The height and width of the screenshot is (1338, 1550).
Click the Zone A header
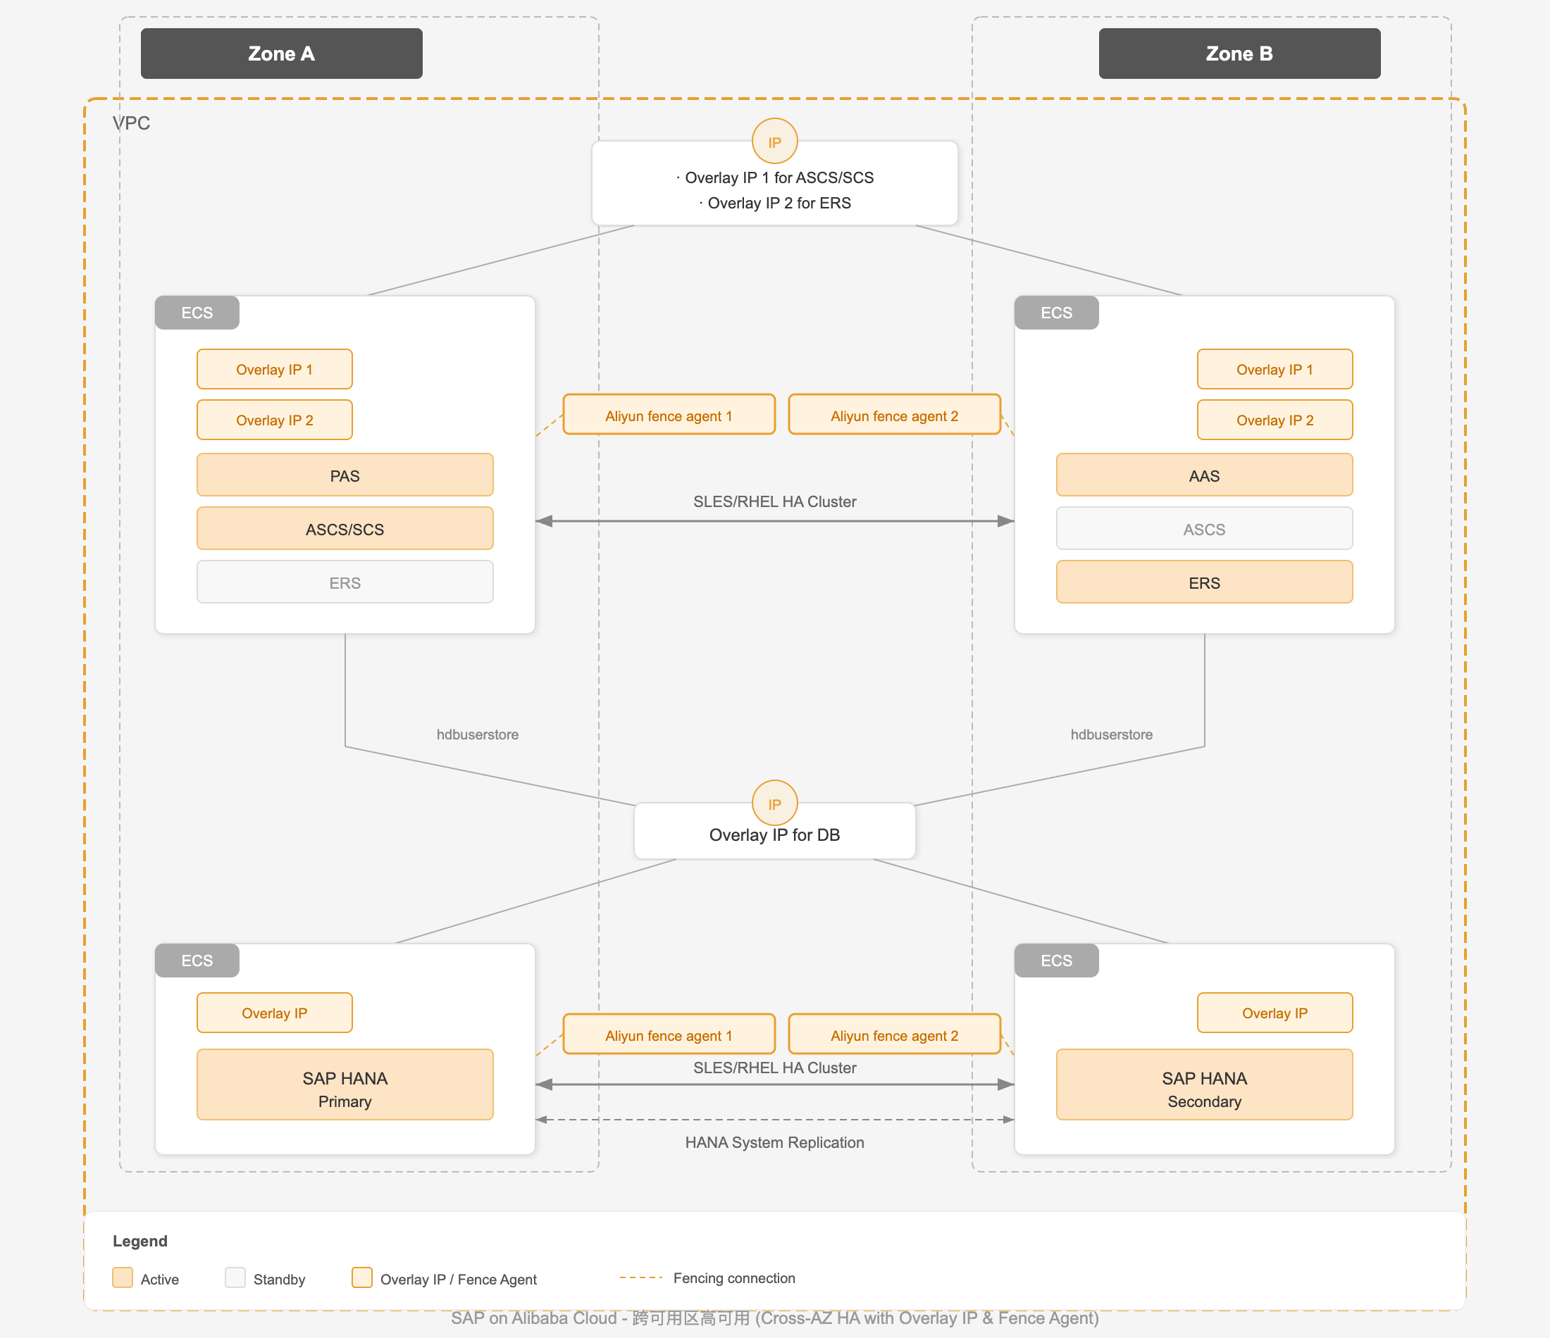pyautogui.click(x=281, y=53)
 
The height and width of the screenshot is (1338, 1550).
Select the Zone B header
pyautogui.click(x=1239, y=53)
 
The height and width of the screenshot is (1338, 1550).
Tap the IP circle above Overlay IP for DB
pyautogui.click(x=774, y=804)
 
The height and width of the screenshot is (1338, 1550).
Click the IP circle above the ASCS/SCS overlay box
pyautogui.click(x=774, y=142)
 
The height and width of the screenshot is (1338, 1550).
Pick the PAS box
pyautogui.click(x=345, y=475)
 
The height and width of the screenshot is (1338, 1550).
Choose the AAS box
pyautogui.click(x=1204, y=475)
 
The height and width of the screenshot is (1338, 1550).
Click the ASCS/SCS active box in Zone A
pyautogui.click(x=345, y=529)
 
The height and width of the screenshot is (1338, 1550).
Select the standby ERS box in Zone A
pyautogui.click(x=345, y=582)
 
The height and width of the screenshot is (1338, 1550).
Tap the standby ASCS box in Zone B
pyautogui.click(x=1204, y=529)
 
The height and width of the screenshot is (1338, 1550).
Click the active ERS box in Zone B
pyautogui.click(x=1204, y=582)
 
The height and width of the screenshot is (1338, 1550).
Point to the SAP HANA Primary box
pyautogui.click(x=345, y=1084)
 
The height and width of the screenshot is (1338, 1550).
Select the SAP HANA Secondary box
pyautogui.click(x=1204, y=1084)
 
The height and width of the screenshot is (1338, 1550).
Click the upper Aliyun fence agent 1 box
pyautogui.click(x=669, y=415)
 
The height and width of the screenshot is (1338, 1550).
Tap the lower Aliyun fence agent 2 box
pyautogui.click(x=895, y=1034)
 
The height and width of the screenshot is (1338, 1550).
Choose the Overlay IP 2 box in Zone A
pyautogui.click(x=275, y=420)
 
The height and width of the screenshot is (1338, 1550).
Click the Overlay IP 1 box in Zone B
pyautogui.click(x=1275, y=369)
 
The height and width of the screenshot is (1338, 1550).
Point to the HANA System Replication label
pyautogui.click(x=774, y=1142)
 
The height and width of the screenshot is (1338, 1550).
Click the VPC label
pyautogui.click(x=132, y=123)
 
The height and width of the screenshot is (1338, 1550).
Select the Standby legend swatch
pyautogui.click(x=235, y=1277)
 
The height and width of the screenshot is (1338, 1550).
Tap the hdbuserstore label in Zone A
pyautogui.click(x=477, y=734)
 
